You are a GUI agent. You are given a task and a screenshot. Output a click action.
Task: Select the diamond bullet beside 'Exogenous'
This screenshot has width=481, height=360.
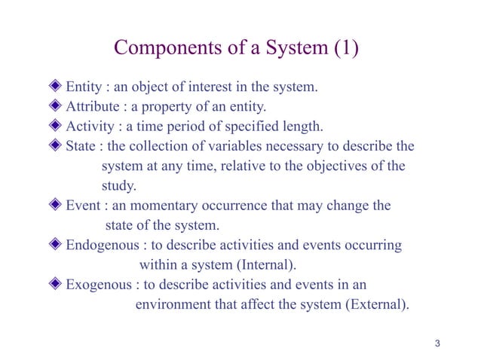point(57,285)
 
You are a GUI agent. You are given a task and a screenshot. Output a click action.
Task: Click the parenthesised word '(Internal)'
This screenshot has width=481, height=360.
point(268,265)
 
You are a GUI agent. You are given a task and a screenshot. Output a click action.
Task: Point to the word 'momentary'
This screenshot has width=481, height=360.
point(170,205)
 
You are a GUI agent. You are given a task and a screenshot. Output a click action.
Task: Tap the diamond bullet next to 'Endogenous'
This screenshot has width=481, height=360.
point(57,245)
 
